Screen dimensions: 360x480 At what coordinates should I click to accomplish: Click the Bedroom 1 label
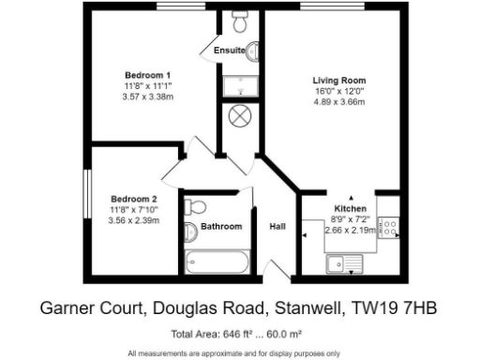click(x=148, y=74)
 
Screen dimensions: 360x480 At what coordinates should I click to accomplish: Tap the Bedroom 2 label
click(x=134, y=199)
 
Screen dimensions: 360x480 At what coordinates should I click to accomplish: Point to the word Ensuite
click(x=229, y=50)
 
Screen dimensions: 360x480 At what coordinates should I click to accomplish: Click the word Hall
click(x=278, y=227)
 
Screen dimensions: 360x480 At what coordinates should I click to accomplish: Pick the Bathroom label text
click(x=222, y=226)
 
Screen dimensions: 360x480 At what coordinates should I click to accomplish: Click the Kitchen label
click(x=351, y=208)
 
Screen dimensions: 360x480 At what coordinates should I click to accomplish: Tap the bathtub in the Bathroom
click(x=217, y=261)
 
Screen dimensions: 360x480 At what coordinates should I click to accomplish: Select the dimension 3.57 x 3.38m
click(x=148, y=97)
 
